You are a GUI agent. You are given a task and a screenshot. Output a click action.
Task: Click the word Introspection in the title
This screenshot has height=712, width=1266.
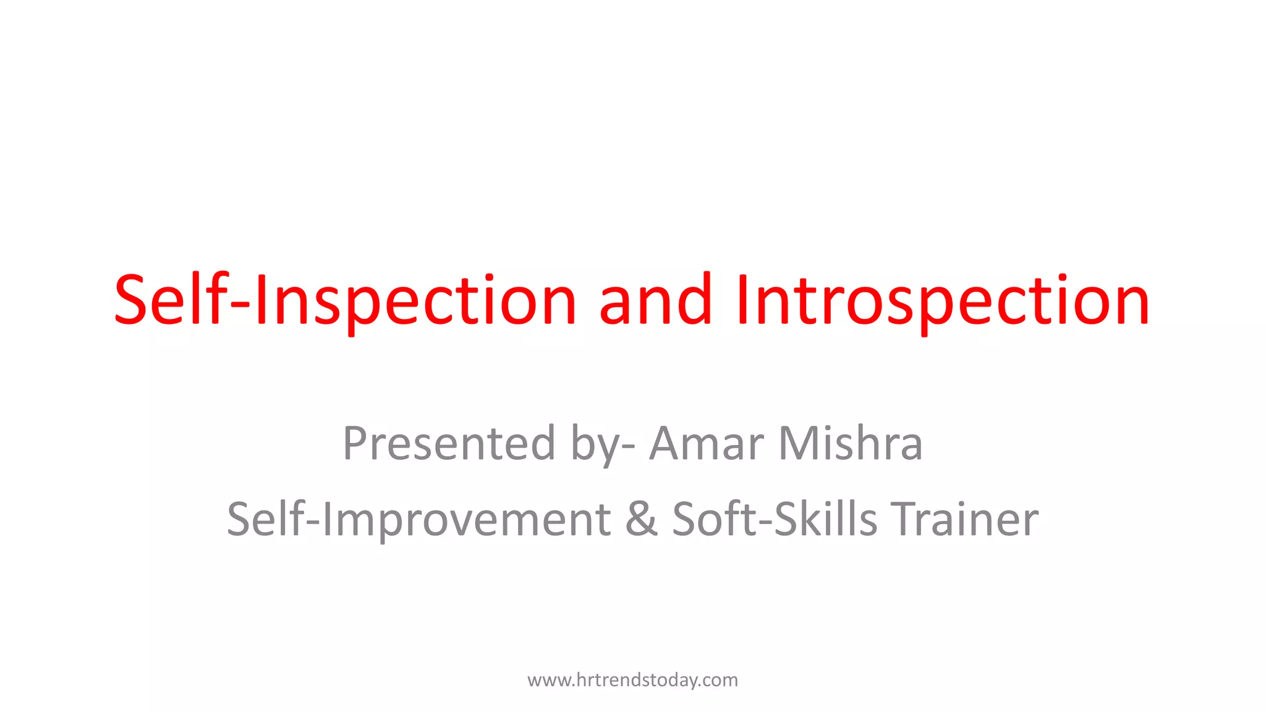pos(943,301)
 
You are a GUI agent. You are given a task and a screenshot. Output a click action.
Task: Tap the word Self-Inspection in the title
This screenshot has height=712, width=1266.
pos(345,301)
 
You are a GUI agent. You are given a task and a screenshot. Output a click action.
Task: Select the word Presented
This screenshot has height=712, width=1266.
pos(449,444)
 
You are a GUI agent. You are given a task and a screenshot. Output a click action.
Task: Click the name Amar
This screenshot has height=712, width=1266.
pos(707,444)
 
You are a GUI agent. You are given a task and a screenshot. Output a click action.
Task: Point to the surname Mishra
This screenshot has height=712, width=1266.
pos(850,444)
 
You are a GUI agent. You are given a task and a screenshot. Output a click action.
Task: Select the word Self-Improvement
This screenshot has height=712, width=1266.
pos(418,519)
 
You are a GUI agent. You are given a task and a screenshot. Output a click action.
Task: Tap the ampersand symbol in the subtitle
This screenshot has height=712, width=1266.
pos(641,519)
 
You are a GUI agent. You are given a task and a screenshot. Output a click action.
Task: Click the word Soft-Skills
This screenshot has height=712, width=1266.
pos(774,519)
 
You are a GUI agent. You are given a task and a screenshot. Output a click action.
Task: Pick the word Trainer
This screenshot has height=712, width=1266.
pos(964,519)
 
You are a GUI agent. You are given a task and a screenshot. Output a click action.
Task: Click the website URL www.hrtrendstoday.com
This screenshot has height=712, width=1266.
pos(632,680)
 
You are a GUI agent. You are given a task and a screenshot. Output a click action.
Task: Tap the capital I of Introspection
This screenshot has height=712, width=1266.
pos(742,301)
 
